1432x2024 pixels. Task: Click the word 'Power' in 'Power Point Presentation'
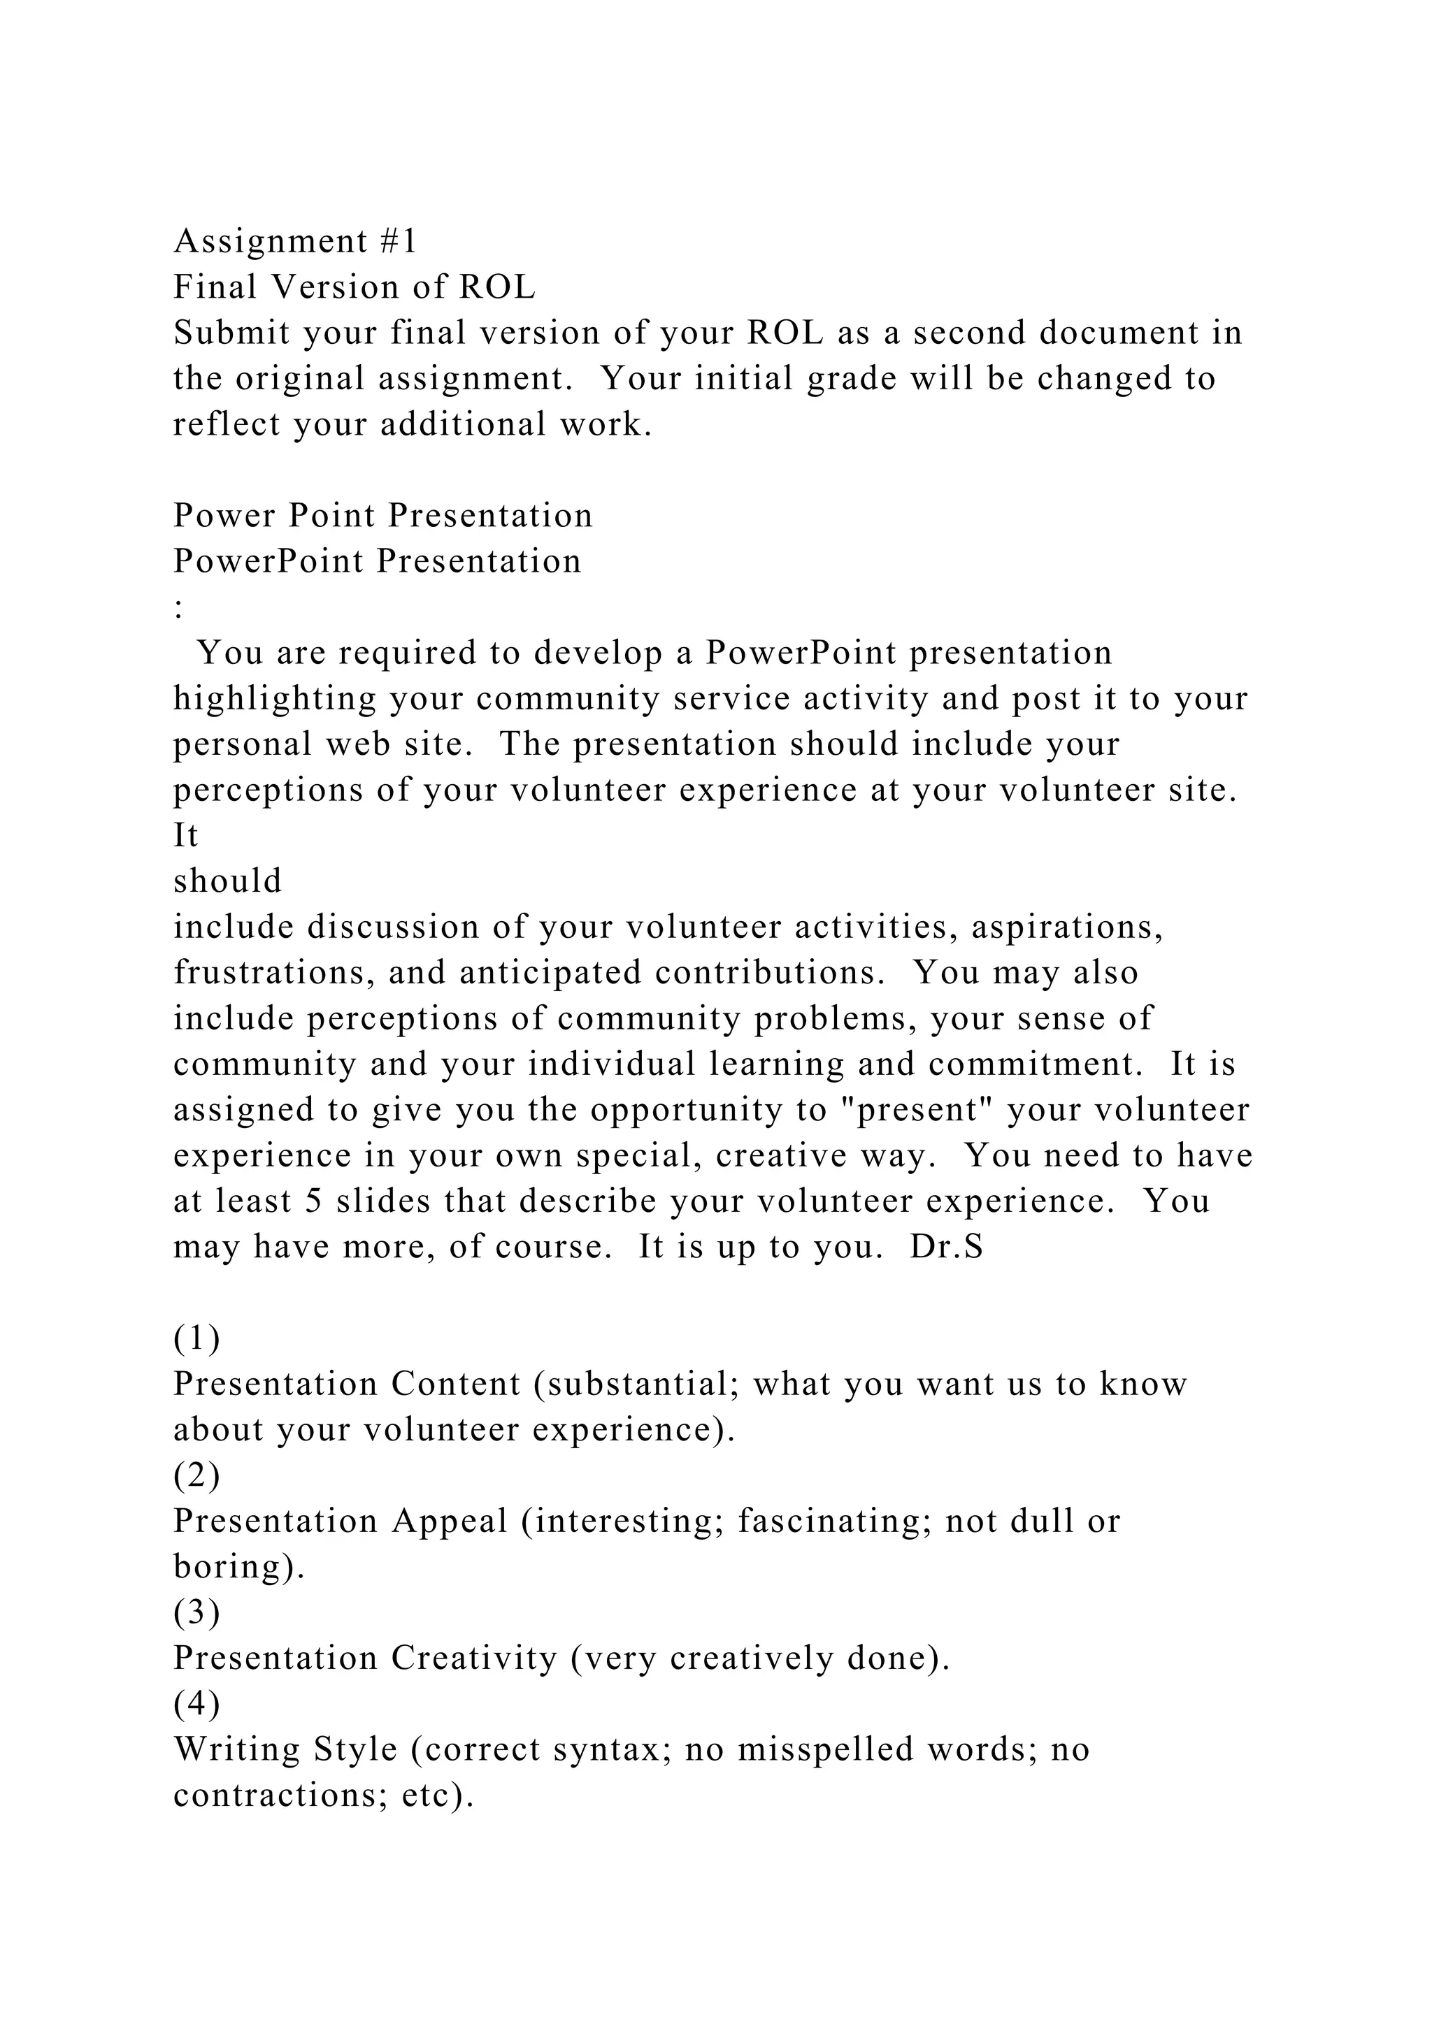click(225, 516)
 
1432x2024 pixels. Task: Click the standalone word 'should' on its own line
click(227, 881)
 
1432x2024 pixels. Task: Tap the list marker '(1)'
click(196, 1338)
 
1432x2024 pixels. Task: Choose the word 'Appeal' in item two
click(450, 1521)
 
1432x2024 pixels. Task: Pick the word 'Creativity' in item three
click(474, 1658)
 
